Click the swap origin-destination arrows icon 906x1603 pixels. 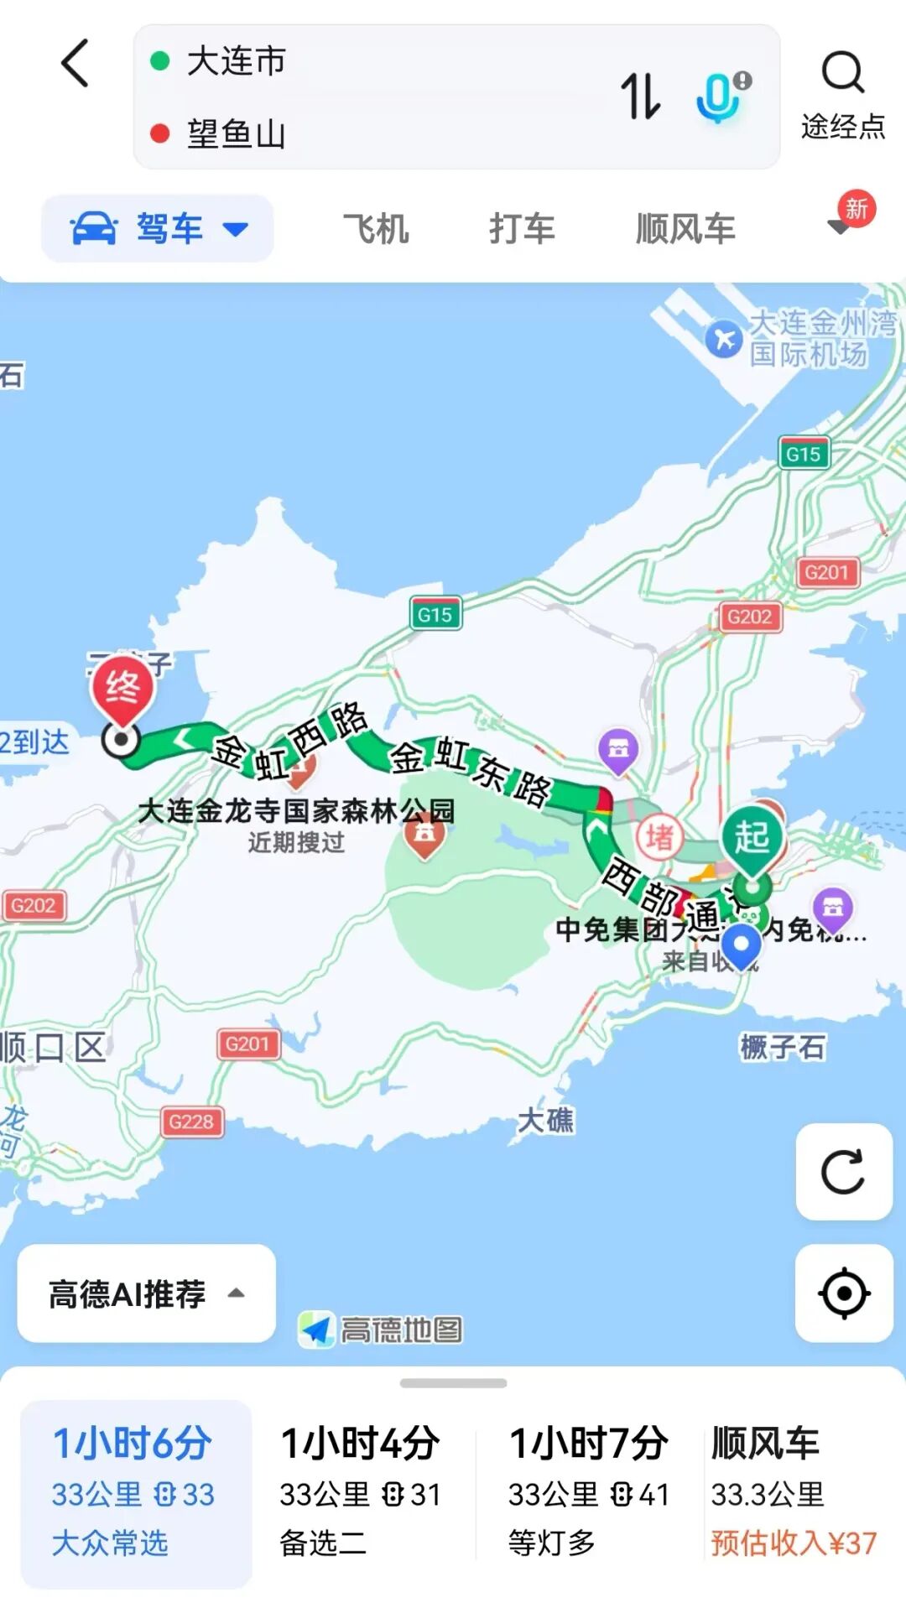click(x=640, y=96)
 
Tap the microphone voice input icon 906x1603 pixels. click(x=719, y=96)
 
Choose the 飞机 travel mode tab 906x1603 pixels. click(x=376, y=228)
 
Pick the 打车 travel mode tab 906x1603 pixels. click(x=522, y=228)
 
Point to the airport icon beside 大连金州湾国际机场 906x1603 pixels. click(x=723, y=340)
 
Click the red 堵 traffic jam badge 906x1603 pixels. click(x=659, y=836)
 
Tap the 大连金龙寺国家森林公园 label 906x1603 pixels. click(x=296, y=810)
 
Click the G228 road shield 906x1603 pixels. click(x=192, y=1122)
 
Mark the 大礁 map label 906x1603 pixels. click(x=545, y=1120)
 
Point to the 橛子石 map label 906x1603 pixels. click(x=782, y=1047)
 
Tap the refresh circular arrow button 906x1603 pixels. click(x=843, y=1172)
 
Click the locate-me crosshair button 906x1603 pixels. click(x=843, y=1293)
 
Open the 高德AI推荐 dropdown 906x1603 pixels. click(x=146, y=1293)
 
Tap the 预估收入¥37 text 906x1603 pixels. click(x=794, y=1543)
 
